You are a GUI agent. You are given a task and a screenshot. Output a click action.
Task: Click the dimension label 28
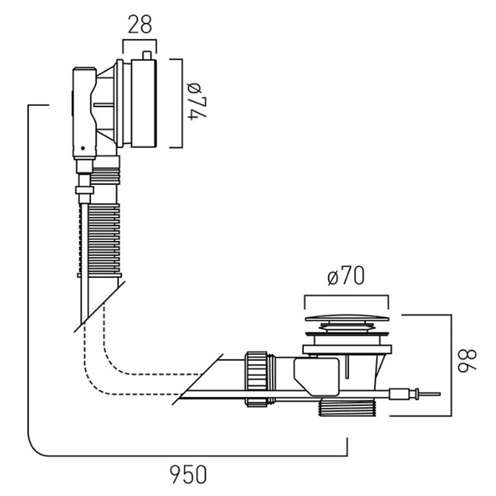coord(140,24)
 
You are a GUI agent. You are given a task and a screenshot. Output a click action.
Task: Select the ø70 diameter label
coord(346,276)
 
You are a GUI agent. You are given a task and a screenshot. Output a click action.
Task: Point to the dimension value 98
coord(467,361)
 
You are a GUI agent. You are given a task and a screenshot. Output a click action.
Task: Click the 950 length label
coord(188,474)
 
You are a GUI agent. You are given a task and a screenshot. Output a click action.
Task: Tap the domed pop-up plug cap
coord(347,318)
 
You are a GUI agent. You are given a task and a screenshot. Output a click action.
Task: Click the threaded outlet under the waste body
coord(347,408)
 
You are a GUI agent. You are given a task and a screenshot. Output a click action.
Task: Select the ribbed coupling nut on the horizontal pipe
coord(256,378)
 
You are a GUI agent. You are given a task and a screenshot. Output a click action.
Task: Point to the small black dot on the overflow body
coord(83,148)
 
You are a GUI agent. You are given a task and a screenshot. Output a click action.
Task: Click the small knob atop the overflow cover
coord(147,55)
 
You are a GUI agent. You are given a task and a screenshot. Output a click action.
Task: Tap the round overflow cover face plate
coord(144,103)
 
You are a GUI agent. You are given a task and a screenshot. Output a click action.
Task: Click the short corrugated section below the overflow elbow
coord(105,176)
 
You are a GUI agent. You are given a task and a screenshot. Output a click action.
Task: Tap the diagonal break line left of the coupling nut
coord(197,379)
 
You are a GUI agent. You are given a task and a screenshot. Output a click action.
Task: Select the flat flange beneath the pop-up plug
coord(347,349)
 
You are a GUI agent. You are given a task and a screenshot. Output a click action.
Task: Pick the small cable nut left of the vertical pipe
coord(84,190)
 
